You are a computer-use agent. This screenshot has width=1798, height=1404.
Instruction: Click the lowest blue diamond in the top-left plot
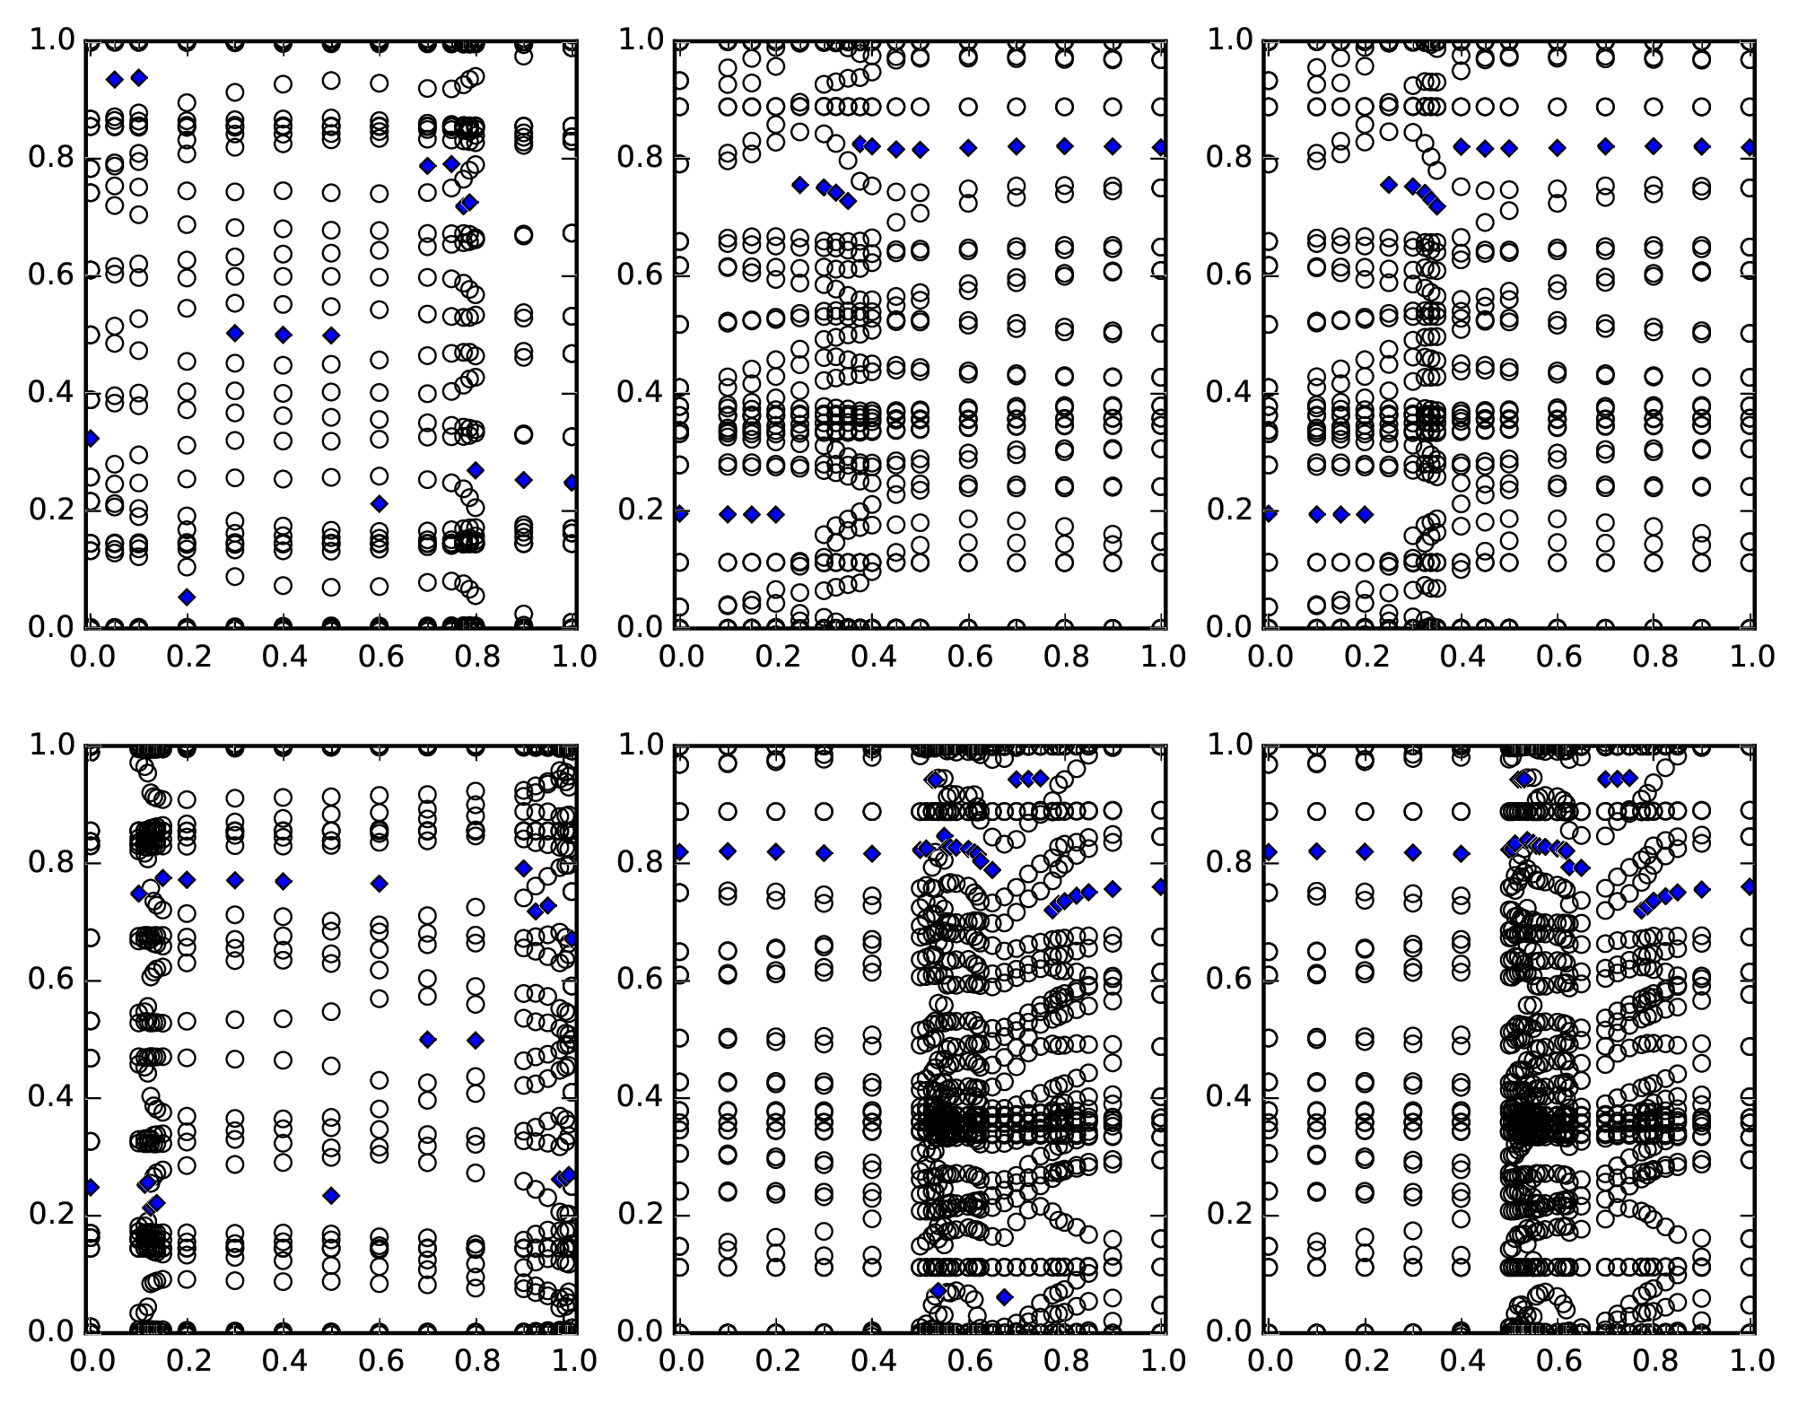coord(187,597)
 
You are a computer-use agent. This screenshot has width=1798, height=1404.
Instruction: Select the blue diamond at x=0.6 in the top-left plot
coord(380,503)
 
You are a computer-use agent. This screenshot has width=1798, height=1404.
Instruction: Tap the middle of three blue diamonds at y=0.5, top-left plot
coord(284,335)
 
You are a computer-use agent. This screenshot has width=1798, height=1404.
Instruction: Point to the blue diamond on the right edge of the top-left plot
coord(571,483)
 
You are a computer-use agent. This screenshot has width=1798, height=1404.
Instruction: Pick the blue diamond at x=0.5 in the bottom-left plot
coord(331,1195)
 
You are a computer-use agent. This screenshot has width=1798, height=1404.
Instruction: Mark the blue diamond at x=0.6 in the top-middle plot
coord(968,148)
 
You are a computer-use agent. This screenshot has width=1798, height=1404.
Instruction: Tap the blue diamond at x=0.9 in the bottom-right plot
coord(1701,889)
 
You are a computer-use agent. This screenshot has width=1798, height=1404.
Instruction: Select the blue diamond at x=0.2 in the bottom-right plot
coord(1366,851)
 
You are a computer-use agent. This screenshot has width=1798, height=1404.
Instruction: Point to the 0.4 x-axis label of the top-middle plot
coord(873,657)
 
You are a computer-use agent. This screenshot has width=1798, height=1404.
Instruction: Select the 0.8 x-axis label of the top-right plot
coord(1654,657)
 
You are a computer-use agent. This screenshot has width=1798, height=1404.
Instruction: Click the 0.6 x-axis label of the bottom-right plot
coord(1557,1361)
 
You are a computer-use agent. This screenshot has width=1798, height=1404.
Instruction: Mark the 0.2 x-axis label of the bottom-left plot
coord(188,1361)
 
